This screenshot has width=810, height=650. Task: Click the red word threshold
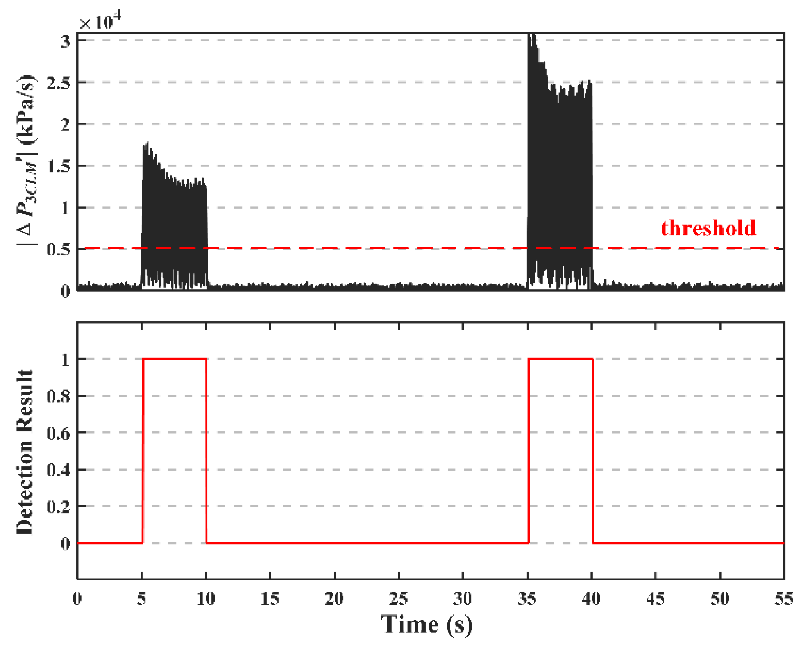pos(708,228)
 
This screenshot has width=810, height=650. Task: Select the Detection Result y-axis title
pos(25,451)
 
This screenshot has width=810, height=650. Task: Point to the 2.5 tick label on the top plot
pos(59,83)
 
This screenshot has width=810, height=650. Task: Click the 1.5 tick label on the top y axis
pos(59,166)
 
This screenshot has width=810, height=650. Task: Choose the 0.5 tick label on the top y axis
pos(59,249)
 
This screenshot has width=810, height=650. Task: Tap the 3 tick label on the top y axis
pos(65,41)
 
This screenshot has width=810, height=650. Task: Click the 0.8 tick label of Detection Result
pos(59,396)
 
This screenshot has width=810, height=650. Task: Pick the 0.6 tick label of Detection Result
pos(59,433)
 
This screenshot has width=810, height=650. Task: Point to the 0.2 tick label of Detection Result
pos(59,507)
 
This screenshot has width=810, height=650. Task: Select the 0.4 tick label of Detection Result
pos(59,470)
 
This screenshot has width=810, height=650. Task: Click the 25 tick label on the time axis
pos(398,598)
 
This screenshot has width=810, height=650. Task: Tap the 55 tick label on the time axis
pos(783,598)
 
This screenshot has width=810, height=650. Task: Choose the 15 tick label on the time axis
pos(270,598)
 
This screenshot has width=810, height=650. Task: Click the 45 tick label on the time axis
pos(655,598)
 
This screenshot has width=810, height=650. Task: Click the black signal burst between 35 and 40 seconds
pos(560,176)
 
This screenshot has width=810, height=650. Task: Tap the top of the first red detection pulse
pos(174,359)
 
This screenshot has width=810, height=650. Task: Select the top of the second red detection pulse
pos(560,359)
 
